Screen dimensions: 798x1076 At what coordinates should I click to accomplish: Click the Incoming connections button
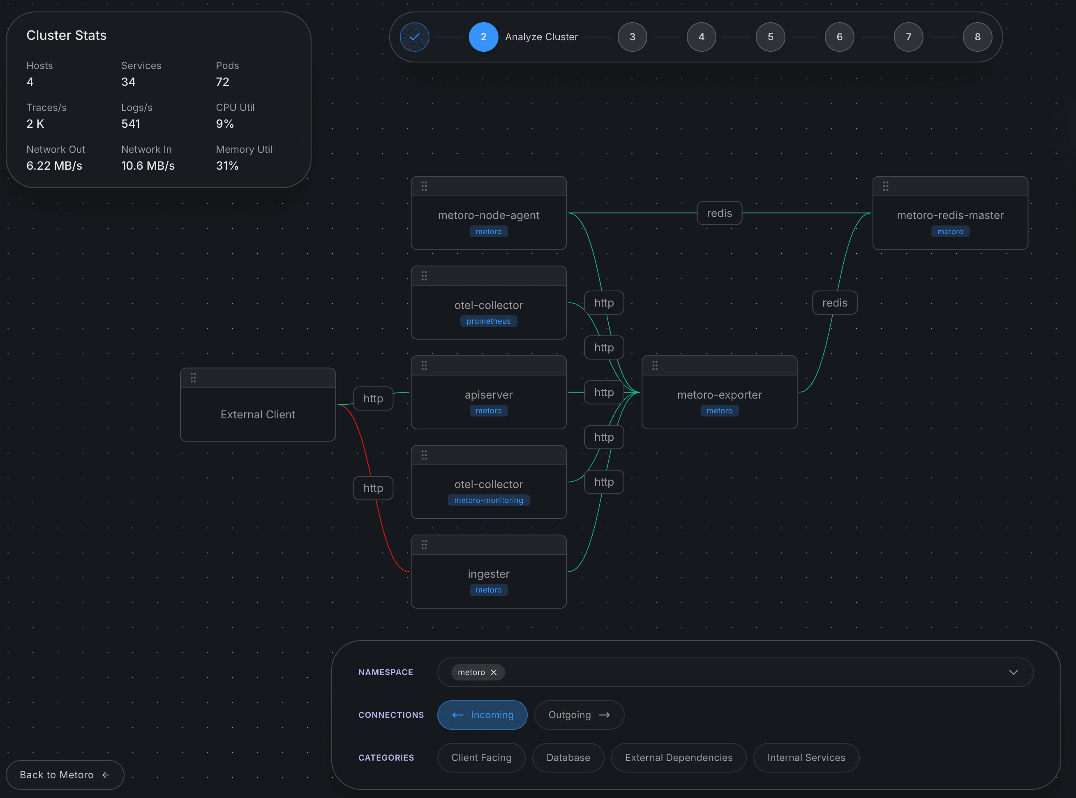coord(482,715)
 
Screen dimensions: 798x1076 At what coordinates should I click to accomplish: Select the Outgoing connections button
coord(579,715)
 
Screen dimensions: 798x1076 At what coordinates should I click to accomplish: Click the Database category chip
coord(568,757)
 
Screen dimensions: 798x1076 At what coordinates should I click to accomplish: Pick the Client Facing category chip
coord(481,757)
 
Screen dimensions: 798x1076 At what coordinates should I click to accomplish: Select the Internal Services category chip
coord(806,757)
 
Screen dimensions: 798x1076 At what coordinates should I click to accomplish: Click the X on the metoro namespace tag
coord(493,672)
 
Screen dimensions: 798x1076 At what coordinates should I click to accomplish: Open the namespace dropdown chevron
coord(1013,672)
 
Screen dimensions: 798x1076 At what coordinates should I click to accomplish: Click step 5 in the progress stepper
coord(770,37)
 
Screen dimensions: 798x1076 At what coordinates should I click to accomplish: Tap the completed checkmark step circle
coord(415,37)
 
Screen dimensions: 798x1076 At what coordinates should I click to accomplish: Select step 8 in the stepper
coord(977,37)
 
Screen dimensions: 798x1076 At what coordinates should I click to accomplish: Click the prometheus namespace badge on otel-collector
coord(489,321)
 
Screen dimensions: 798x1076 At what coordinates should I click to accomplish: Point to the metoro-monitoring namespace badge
coord(489,500)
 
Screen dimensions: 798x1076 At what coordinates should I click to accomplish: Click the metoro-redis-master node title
coord(950,215)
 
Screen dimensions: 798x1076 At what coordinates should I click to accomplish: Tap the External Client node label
coord(258,415)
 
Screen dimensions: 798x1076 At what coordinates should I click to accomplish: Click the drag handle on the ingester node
coord(424,545)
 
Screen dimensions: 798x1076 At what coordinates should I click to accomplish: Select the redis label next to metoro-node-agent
coord(719,213)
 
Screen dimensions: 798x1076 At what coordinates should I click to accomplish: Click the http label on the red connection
coord(373,488)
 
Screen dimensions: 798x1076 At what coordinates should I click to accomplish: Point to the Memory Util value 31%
coord(227,166)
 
